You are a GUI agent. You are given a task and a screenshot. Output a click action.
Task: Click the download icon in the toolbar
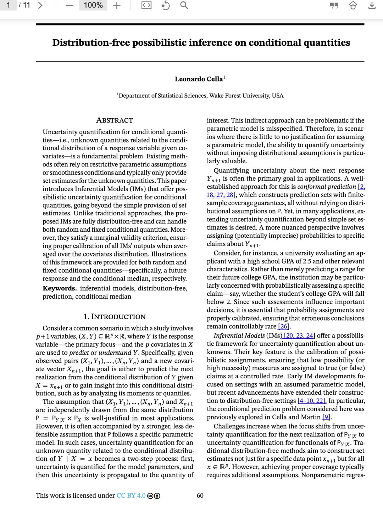372,5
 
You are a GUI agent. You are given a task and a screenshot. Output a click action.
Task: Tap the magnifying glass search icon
184,5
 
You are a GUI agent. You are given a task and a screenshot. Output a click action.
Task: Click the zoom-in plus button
117,5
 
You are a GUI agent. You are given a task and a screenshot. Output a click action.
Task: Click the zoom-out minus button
70,5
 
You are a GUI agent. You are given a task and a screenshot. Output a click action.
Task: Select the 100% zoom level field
93,5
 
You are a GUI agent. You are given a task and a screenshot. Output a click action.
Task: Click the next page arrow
40,5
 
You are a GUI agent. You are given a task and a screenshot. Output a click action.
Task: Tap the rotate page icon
165,5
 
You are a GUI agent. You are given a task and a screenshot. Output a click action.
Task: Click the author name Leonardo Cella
199,79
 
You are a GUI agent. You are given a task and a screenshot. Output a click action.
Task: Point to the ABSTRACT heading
115,120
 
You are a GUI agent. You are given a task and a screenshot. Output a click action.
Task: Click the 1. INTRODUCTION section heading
115,317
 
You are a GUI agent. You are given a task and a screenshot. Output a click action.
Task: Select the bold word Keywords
59,288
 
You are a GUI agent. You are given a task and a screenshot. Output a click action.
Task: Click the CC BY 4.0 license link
131,496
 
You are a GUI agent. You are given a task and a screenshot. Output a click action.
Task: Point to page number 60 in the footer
200,496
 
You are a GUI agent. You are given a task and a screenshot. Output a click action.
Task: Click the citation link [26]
284,326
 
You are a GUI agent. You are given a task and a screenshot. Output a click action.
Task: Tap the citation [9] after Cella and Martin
326,417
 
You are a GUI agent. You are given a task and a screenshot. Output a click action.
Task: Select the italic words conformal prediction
327,187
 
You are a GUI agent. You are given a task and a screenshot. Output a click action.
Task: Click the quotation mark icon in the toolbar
334,5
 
